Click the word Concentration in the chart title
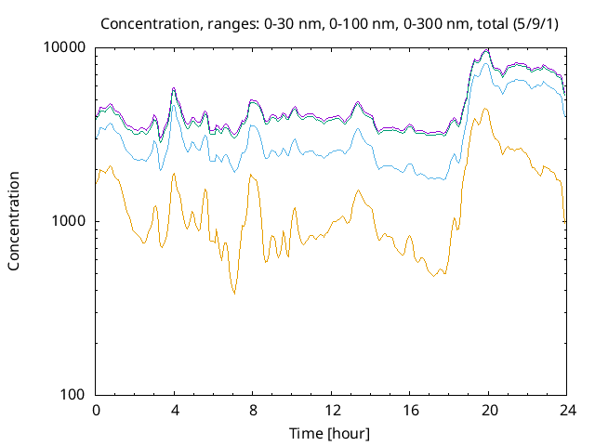[150, 24]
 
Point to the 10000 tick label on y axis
[64, 47]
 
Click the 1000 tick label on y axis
[69, 221]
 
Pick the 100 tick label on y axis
[73, 395]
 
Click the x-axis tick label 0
[96, 411]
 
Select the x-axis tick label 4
[175, 411]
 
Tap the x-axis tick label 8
[253, 411]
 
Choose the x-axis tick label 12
[332, 411]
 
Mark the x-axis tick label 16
[411, 411]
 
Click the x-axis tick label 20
[489, 411]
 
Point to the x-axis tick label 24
[567, 411]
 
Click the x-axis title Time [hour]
[329, 434]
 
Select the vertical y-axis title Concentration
[14, 221]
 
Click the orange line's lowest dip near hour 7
[234, 294]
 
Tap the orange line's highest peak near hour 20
[485, 109]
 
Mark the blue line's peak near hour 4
[174, 105]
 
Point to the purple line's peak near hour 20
[487, 49]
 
